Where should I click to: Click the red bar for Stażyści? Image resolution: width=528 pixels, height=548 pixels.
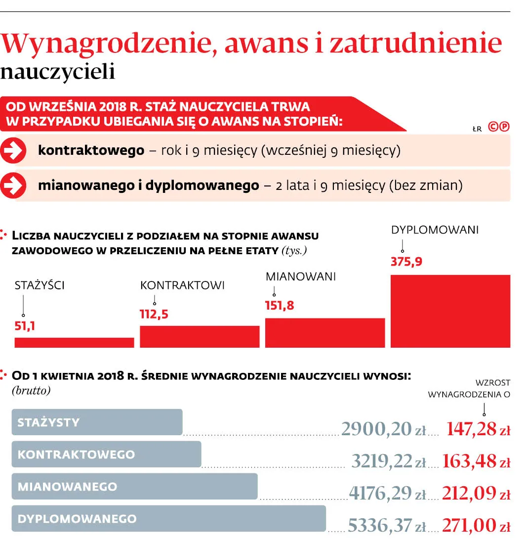pyautogui.click(x=74, y=342)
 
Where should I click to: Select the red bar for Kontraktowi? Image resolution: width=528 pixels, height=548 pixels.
pyautogui.click(x=200, y=336)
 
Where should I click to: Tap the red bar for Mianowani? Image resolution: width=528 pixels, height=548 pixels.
pyautogui.click(x=325, y=332)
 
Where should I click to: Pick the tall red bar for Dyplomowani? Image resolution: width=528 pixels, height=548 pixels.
pyautogui.click(x=450, y=311)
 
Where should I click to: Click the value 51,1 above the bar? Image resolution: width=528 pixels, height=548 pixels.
pyautogui.click(x=25, y=326)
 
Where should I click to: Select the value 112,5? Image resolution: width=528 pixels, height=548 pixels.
pyautogui.click(x=154, y=314)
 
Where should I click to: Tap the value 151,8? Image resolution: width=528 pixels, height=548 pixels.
pyautogui.click(x=280, y=306)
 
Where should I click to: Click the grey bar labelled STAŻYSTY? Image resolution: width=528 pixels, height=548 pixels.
pyautogui.click(x=97, y=422)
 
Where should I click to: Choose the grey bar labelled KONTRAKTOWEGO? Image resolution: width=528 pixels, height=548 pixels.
pyautogui.click(x=106, y=454)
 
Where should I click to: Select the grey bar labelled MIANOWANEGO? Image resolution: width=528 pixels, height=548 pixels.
pyautogui.click(x=134, y=486)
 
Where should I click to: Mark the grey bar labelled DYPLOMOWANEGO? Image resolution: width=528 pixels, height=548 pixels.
pyautogui.click(x=168, y=518)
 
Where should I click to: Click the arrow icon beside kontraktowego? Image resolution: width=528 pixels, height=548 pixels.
pyautogui.click(x=13, y=150)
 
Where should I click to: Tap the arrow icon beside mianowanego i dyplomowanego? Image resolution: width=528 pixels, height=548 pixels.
pyautogui.click(x=13, y=185)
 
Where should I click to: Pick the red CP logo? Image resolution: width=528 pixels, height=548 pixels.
pyautogui.click(x=498, y=127)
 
